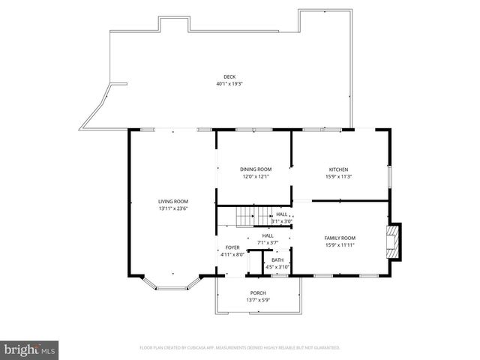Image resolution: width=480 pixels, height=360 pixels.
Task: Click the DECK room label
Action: click(229, 76)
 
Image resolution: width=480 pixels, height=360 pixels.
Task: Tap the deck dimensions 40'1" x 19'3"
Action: click(229, 83)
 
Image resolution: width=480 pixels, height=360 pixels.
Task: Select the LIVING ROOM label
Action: click(172, 201)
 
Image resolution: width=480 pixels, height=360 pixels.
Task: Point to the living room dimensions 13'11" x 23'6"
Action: click(172, 208)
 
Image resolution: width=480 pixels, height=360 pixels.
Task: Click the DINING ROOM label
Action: click(256, 169)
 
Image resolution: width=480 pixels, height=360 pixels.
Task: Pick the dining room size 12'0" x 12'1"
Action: click(256, 177)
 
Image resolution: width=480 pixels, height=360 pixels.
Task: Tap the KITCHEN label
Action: click(339, 169)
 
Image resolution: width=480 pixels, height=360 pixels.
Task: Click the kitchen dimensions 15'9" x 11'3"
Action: click(339, 177)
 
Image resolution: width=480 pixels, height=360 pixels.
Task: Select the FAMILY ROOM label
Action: click(339, 238)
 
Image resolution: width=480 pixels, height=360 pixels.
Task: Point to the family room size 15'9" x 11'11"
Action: click(339, 245)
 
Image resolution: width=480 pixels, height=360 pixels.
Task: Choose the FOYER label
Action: click(232, 247)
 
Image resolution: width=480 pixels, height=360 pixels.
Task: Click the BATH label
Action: click(277, 259)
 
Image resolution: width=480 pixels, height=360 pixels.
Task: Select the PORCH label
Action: click(258, 292)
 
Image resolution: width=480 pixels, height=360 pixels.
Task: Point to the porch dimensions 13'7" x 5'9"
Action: click(258, 300)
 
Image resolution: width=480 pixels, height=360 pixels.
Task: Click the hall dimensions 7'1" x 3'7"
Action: click(268, 242)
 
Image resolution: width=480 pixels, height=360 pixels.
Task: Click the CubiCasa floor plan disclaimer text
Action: click(240, 348)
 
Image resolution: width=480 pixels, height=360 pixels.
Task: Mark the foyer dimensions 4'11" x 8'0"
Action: click(232, 255)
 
